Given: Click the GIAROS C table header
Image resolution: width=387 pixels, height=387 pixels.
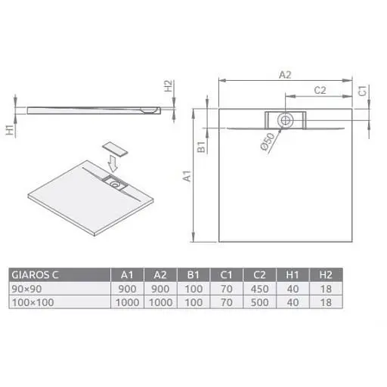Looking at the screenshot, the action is [x=35, y=275].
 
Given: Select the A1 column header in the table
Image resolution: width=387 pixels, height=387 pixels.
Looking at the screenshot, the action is [x=127, y=275].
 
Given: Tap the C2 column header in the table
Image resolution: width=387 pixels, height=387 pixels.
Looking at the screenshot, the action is [x=259, y=275].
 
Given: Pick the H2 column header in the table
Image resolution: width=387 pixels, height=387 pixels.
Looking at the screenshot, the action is [x=326, y=275].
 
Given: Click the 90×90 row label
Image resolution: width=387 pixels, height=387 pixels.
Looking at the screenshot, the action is [x=26, y=289].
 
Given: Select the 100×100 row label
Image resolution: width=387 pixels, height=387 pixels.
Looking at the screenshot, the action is [x=33, y=302].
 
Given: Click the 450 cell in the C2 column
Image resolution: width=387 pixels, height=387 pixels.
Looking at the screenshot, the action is [x=259, y=289].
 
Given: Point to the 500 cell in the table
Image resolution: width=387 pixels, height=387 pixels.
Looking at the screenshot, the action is [x=259, y=302].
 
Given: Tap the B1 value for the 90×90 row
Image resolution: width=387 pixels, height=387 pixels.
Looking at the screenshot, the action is [x=193, y=289].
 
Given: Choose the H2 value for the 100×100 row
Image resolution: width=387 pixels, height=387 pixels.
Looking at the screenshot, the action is [x=326, y=302].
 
